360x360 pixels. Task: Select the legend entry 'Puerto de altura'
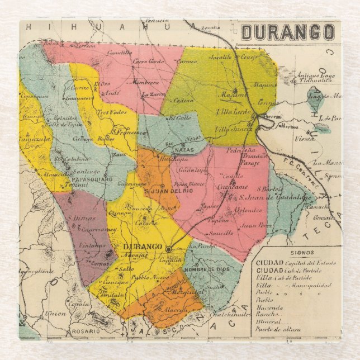[278, 329]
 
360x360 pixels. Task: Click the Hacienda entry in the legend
[270, 307]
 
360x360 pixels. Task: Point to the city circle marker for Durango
[168, 249]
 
